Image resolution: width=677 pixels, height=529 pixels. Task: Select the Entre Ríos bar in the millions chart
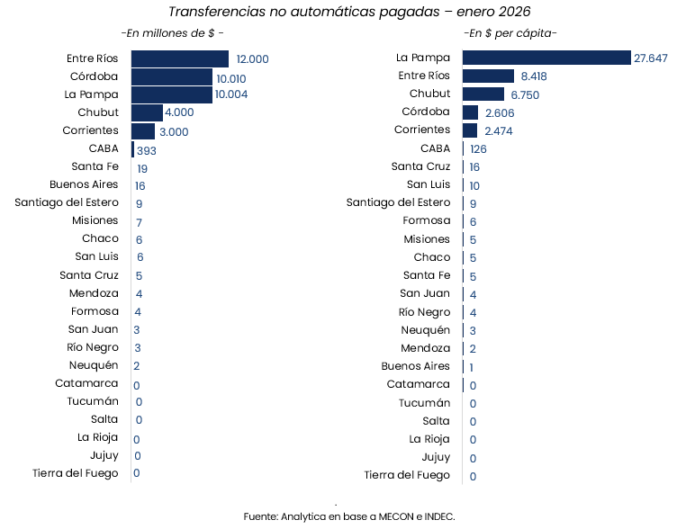click(x=180, y=58)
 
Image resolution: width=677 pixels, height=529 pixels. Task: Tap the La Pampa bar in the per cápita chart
click(x=546, y=58)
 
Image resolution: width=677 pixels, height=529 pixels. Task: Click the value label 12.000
click(x=252, y=58)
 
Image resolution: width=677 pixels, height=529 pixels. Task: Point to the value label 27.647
click(x=651, y=58)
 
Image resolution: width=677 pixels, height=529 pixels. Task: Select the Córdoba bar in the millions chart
click(x=172, y=76)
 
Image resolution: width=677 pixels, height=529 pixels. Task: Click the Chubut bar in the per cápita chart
click(x=483, y=94)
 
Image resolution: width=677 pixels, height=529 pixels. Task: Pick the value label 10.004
click(x=231, y=94)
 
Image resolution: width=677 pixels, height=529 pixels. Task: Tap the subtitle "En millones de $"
click(x=173, y=33)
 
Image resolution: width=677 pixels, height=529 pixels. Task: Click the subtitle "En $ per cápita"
click(x=510, y=33)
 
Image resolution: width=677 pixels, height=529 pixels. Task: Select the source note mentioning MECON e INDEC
click(x=349, y=516)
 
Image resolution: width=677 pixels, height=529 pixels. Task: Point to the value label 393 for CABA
click(x=147, y=150)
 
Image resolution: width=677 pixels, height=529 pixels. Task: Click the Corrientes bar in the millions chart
click(x=143, y=131)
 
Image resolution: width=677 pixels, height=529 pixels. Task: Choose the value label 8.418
click(x=535, y=76)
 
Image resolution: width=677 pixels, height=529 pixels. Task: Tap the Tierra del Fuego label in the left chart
click(x=75, y=473)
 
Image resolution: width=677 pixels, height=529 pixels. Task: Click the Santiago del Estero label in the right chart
click(x=398, y=202)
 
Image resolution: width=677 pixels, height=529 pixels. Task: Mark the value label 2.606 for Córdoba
click(x=499, y=112)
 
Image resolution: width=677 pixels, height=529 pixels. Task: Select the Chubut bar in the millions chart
click(x=147, y=112)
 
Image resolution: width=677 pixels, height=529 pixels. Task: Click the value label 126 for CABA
click(x=478, y=149)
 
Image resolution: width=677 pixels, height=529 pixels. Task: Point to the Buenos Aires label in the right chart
click(x=415, y=366)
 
